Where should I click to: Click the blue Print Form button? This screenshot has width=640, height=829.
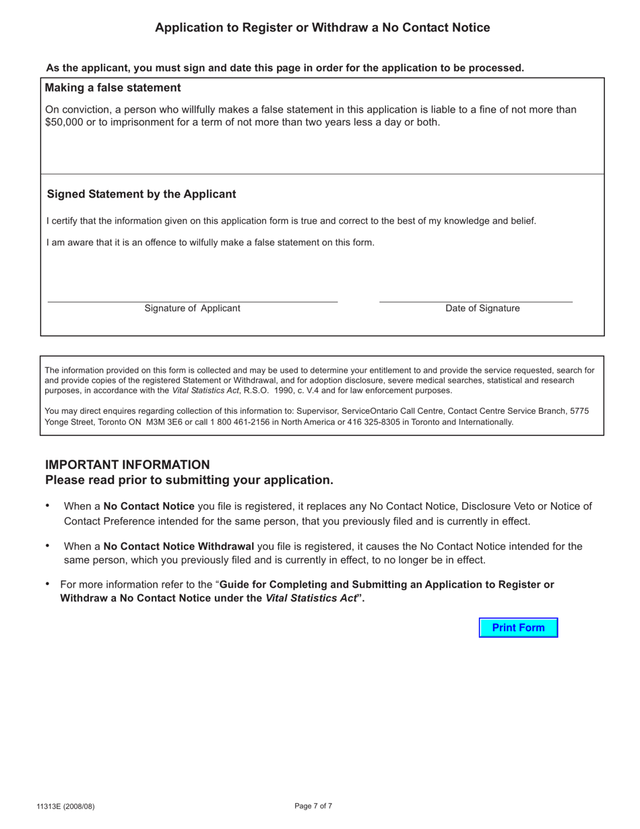click(518, 627)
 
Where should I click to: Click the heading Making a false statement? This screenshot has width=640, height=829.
click(113, 88)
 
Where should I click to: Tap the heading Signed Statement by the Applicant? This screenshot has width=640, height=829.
click(141, 194)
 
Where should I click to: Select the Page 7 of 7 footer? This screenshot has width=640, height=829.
click(313, 806)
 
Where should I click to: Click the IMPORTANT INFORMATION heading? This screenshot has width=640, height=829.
click(127, 464)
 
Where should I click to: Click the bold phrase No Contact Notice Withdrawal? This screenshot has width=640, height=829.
click(179, 546)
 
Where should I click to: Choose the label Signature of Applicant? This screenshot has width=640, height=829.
click(192, 308)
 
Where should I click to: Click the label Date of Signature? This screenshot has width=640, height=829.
click(482, 308)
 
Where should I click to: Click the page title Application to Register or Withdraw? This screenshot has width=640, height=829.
click(322, 28)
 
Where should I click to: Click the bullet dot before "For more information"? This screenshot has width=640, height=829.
click(47, 583)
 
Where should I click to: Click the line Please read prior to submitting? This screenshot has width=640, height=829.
click(189, 480)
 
